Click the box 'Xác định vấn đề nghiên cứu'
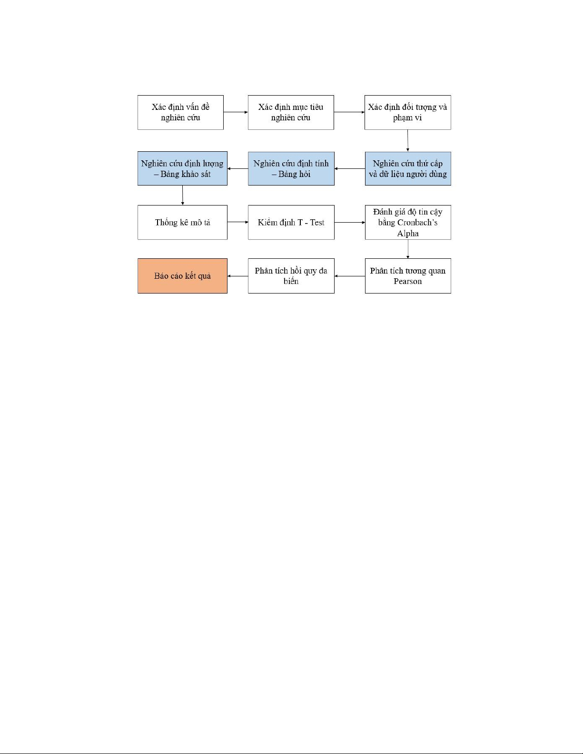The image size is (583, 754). click(180, 112)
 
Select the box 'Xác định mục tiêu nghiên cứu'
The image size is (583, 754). click(291, 112)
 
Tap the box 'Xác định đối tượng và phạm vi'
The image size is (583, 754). click(408, 112)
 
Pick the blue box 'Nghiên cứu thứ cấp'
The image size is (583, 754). click(408, 168)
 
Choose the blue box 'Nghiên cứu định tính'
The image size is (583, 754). click(291, 168)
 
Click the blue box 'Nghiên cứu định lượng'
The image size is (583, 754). click(183, 168)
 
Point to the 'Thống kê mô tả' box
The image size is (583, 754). click(183, 223)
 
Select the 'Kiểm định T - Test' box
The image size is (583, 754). click(291, 223)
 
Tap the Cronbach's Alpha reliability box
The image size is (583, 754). click(408, 223)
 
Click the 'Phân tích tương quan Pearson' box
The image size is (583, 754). click(408, 276)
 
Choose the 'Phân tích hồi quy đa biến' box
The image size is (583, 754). click(291, 276)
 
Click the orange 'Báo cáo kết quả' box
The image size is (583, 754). click(183, 276)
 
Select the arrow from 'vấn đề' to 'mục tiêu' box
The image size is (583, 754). click(236, 112)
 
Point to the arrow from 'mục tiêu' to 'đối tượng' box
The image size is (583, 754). click(349, 112)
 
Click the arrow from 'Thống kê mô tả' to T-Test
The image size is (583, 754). click(237, 222)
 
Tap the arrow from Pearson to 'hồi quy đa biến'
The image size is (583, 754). click(350, 276)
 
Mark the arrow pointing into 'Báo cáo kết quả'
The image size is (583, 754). click(237, 276)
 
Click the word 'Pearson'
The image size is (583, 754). click(408, 282)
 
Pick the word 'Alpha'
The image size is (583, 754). click(408, 234)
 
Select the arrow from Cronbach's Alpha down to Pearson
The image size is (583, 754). click(408, 249)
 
